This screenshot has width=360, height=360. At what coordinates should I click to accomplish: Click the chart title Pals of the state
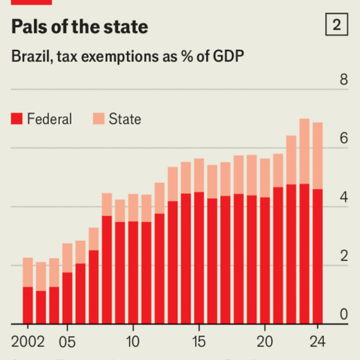click(80, 27)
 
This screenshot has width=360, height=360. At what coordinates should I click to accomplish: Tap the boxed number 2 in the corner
click(336, 25)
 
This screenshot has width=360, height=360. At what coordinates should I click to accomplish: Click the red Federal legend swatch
click(17, 119)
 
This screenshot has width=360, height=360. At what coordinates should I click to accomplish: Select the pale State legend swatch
click(98, 119)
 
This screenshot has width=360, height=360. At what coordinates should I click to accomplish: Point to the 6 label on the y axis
click(343, 139)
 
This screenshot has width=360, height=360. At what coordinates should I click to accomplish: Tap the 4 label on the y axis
click(343, 198)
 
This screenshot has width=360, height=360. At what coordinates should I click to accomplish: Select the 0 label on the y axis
click(343, 315)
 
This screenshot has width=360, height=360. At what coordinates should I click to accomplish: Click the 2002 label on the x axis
click(28, 342)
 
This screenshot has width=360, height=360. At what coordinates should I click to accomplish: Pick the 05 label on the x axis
click(67, 342)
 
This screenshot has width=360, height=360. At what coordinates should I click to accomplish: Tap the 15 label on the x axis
click(199, 342)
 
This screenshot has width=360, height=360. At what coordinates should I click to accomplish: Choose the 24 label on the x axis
click(317, 342)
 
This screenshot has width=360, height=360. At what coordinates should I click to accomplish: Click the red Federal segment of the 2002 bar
click(28, 305)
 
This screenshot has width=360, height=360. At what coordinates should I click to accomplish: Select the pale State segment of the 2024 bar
click(317, 156)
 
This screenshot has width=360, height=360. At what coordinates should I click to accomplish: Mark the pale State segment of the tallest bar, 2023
click(304, 151)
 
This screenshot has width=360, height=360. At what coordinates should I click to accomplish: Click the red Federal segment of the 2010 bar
click(133, 272)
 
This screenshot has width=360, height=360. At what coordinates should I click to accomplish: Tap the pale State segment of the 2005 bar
click(67, 258)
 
